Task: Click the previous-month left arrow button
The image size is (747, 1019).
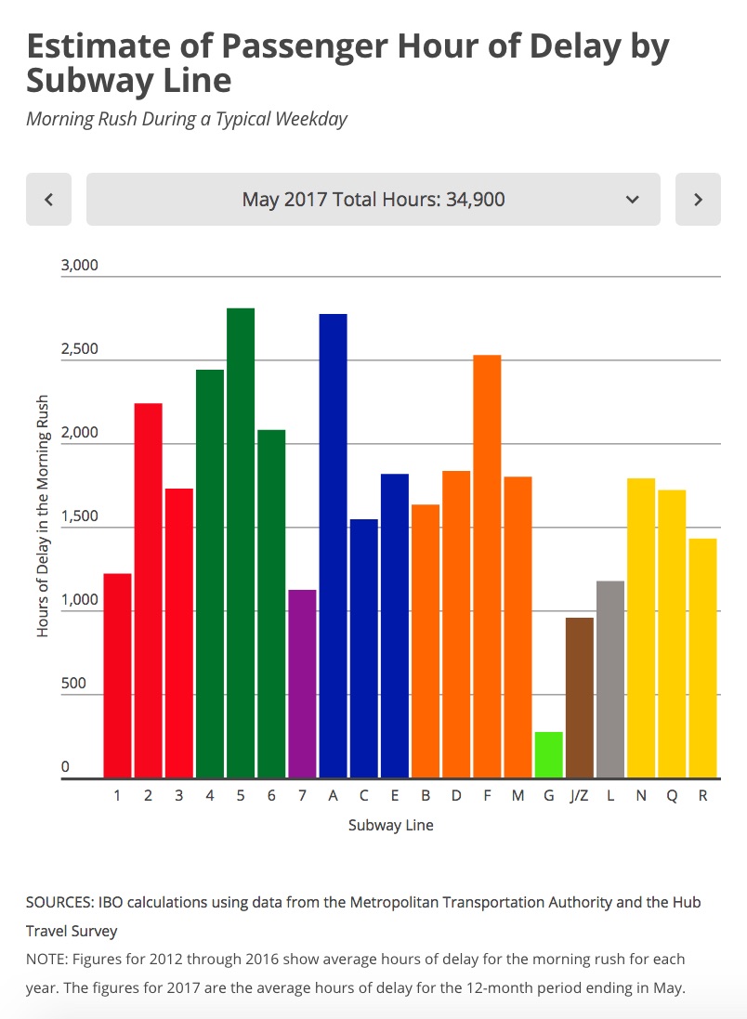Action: (x=48, y=199)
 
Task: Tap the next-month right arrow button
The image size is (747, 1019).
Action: (x=698, y=199)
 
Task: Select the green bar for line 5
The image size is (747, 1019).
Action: (x=241, y=542)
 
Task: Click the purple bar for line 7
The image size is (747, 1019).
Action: (x=302, y=684)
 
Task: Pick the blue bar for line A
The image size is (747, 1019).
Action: (x=333, y=545)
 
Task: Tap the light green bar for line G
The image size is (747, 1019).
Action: (x=548, y=754)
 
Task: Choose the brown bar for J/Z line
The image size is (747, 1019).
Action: (x=579, y=698)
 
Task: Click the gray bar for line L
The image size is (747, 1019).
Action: (x=609, y=679)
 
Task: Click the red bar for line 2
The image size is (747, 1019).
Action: (x=148, y=590)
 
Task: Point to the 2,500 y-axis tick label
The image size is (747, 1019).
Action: (x=79, y=350)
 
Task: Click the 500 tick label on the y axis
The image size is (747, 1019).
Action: (x=73, y=684)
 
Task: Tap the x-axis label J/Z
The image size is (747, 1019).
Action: (x=579, y=796)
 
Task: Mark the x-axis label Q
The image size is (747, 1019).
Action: (x=672, y=796)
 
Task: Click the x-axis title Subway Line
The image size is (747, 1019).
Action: (x=390, y=825)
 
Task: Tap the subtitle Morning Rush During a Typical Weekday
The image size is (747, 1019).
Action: (x=186, y=119)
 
